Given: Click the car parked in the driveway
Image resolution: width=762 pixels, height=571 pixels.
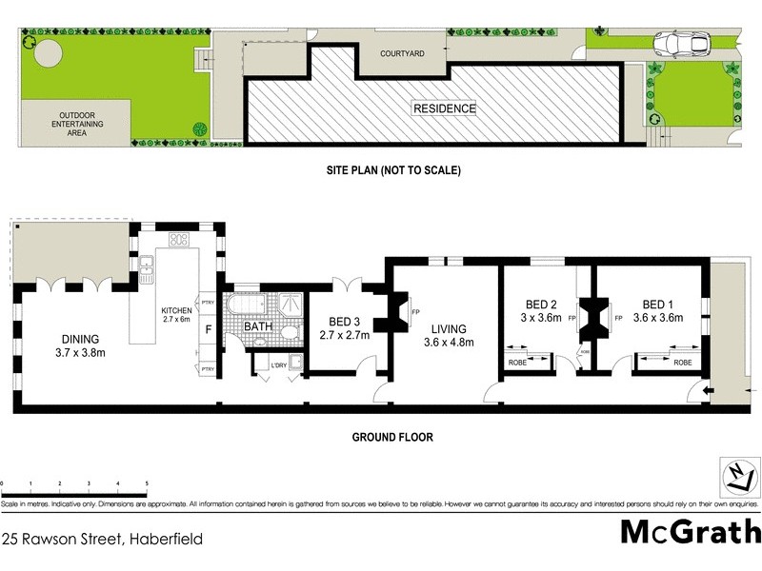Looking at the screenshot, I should (679, 44).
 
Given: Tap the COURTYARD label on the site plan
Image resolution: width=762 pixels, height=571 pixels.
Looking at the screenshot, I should (401, 54).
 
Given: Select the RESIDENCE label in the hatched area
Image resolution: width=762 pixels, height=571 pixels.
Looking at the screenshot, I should (444, 108).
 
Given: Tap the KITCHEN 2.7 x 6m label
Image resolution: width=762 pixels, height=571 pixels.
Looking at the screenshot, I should (177, 316).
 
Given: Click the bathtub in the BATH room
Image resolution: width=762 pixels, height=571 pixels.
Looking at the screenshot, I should (242, 312).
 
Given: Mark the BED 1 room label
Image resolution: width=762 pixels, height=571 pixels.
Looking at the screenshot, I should (663, 311).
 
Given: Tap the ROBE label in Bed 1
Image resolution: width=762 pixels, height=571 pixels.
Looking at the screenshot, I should (683, 363).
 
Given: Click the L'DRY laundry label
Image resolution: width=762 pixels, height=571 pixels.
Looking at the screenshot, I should (279, 365).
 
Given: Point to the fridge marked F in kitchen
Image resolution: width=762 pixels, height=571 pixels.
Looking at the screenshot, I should (209, 330).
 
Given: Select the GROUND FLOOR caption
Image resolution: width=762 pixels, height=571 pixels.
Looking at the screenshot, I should (393, 438).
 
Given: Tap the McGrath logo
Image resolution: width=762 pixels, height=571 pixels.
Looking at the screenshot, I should (690, 531).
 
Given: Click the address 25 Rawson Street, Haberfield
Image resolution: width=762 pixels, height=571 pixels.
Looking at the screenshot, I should (102, 539).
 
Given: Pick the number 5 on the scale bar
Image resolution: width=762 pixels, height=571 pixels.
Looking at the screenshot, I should (147, 484).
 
